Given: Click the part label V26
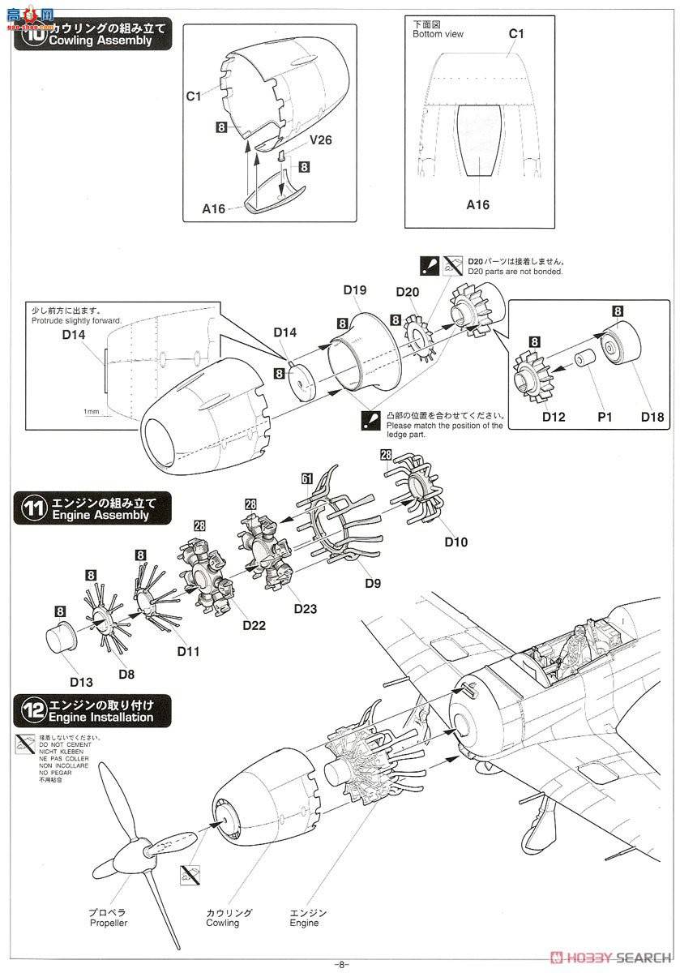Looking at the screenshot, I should (320, 139).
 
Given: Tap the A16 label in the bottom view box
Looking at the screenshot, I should (478, 205).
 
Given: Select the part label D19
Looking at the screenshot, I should (355, 289).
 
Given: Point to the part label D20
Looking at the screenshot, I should (408, 292).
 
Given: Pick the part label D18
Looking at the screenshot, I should (652, 418).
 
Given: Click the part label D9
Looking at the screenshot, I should (373, 582).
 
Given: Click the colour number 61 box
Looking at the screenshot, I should (307, 479).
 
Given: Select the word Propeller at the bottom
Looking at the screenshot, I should (109, 923).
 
